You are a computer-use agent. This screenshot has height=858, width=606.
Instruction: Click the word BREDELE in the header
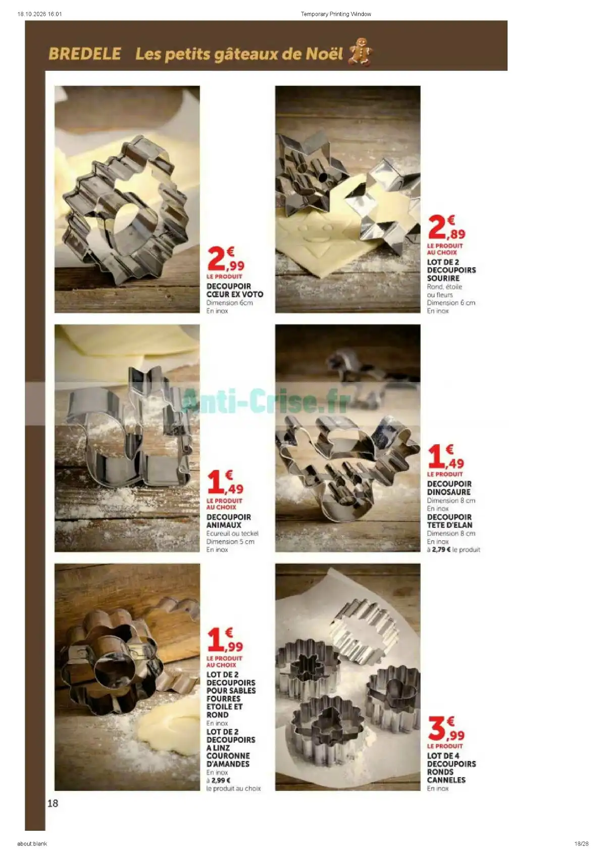click(x=85, y=54)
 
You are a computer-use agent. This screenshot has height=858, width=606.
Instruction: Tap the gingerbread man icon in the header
click(x=360, y=52)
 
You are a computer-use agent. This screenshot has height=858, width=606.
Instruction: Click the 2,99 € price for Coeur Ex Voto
click(x=226, y=259)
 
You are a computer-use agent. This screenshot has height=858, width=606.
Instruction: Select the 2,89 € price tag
click(x=447, y=227)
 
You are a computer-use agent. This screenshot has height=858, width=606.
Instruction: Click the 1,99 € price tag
click(x=225, y=640)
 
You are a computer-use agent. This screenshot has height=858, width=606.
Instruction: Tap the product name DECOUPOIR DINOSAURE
click(x=449, y=488)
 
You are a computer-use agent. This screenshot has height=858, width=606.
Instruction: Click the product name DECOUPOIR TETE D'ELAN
click(x=449, y=521)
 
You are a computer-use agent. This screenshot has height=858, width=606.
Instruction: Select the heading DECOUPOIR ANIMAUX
click(x=229, y=521)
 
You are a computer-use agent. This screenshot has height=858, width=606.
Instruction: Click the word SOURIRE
click(x=443, y=278)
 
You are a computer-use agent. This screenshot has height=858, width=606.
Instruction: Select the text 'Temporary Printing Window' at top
click(x=336, y=14)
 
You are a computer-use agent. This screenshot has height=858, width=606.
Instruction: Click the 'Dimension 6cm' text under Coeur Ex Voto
click(x=230, y=303)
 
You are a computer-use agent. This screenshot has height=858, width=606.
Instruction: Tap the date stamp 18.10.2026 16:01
click(x=40, y=14)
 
